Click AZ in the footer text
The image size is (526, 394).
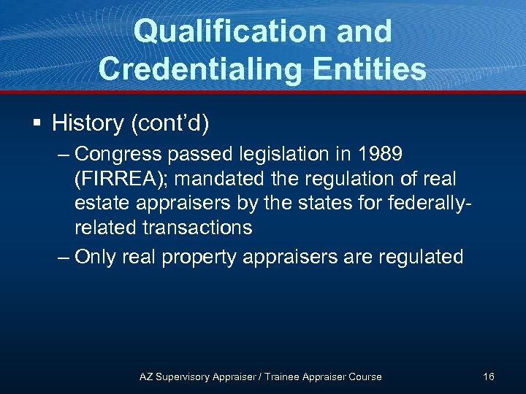(x=146, y=376)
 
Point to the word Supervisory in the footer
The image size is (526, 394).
(x=184, y=376)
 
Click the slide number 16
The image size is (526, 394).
(x=488, y=376)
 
